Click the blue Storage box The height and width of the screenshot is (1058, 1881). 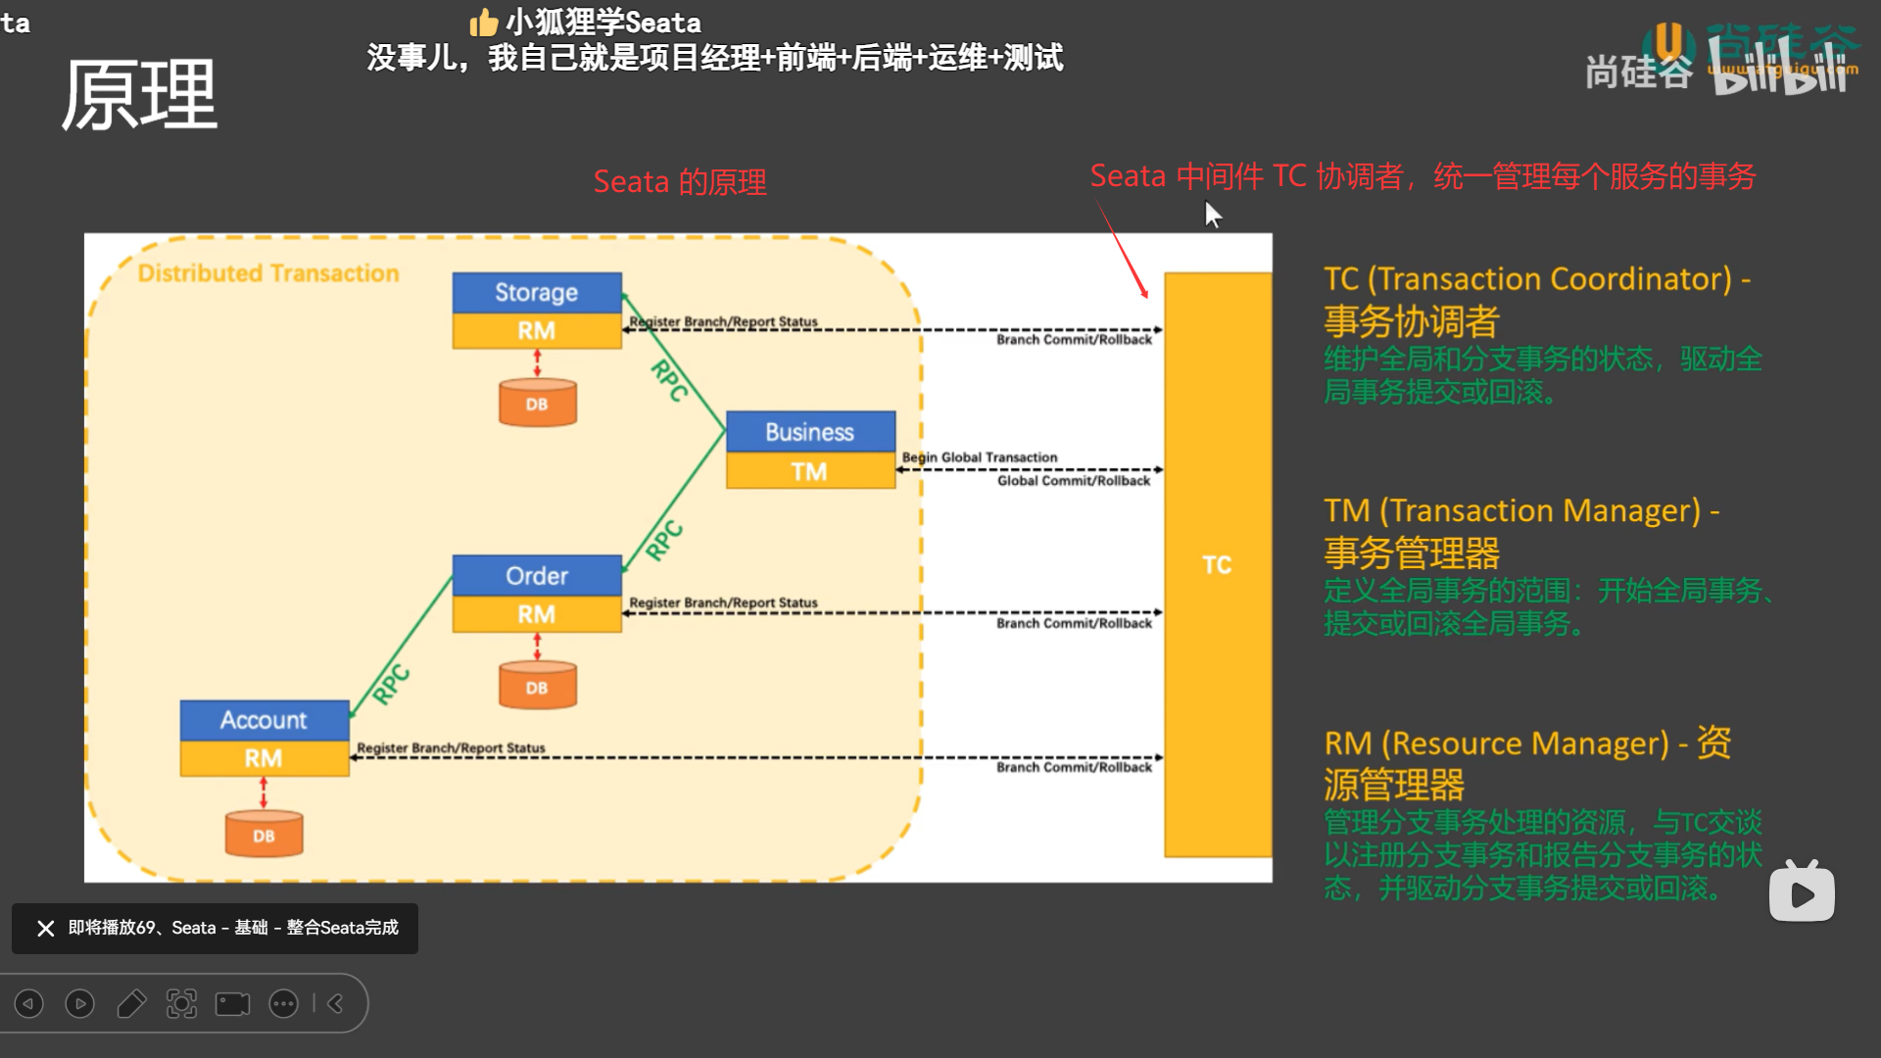[537, 292]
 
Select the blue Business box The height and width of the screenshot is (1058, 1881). [810, 432]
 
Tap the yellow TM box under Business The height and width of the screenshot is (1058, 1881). [810, 471]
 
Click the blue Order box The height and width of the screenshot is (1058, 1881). [537, 576]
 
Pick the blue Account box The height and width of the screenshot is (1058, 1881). [265, 720]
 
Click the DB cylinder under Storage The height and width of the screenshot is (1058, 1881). [537, 403]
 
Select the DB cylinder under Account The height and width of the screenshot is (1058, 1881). [264, 835]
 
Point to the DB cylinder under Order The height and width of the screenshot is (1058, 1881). [537, 686]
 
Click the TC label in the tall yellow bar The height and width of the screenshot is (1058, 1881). [1217, 565]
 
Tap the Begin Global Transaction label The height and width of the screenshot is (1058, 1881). [980, 457]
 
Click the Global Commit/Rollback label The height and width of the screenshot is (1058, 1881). [1074, 481]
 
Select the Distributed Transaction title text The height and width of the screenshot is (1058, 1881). [268, 273]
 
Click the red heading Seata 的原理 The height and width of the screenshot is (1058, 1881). [680, 182]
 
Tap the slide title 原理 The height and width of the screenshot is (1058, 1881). [139, 95]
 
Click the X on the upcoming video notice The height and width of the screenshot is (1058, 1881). [46, 928]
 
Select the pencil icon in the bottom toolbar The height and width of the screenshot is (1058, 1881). [131, 1003]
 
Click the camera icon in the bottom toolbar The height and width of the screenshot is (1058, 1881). [232, 1003]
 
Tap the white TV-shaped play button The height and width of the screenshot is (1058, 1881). [1802, 892]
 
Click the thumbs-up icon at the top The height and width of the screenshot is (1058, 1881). [484, 22]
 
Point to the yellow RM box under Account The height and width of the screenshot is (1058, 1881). [265, 758]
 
